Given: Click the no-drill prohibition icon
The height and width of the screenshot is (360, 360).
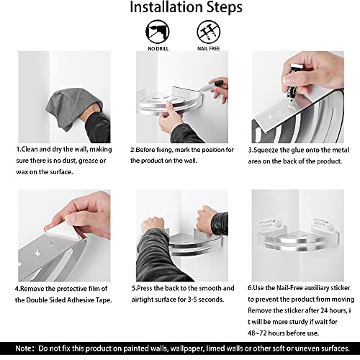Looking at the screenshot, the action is [x=158, y=32].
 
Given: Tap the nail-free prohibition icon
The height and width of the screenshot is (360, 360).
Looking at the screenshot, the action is [x=209, y=32].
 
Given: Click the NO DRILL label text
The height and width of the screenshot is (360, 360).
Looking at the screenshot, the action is [x=158, y=48].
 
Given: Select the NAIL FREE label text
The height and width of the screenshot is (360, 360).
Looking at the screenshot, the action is [x=209, y=48].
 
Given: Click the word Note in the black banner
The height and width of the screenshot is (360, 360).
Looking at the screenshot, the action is [x=24, y=348].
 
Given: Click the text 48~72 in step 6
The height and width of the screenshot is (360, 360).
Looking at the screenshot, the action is [x=257, y=333].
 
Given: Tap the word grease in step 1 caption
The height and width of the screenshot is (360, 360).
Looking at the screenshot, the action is [x=87, y=161].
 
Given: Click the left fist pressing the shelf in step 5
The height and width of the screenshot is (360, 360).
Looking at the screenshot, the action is [x=153, y=224].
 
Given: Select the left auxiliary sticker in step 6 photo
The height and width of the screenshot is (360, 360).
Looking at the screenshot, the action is [x=268, y=225].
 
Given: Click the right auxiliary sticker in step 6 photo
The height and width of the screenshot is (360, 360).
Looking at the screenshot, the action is [x=323, y=225].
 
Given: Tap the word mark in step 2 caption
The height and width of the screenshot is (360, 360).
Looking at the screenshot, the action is [x=182, y=150].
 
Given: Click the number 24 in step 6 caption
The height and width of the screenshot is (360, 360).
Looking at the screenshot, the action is [x=324, y=310].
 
